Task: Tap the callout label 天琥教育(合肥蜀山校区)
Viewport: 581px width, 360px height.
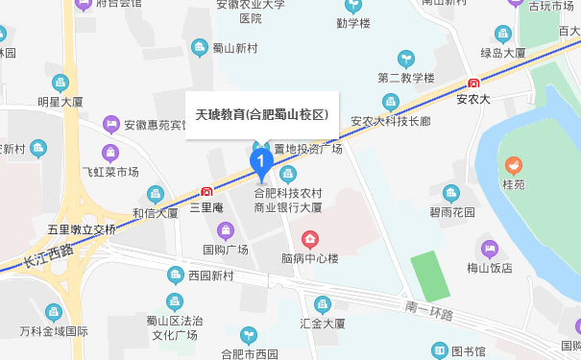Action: (x=262, y=114)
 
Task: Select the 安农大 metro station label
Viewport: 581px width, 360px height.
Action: (x=473, y=97)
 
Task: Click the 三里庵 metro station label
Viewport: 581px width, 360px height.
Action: (x=206, y=206)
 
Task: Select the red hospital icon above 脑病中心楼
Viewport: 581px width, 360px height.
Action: (x=310, y=239)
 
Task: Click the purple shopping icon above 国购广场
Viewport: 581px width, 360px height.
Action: (x=226, y=230)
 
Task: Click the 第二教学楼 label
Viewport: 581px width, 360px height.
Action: (x=406, y=78)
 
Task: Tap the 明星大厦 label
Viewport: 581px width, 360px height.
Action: (x=61, y=100)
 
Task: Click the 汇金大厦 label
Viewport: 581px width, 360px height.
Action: (x=322, y=324)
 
